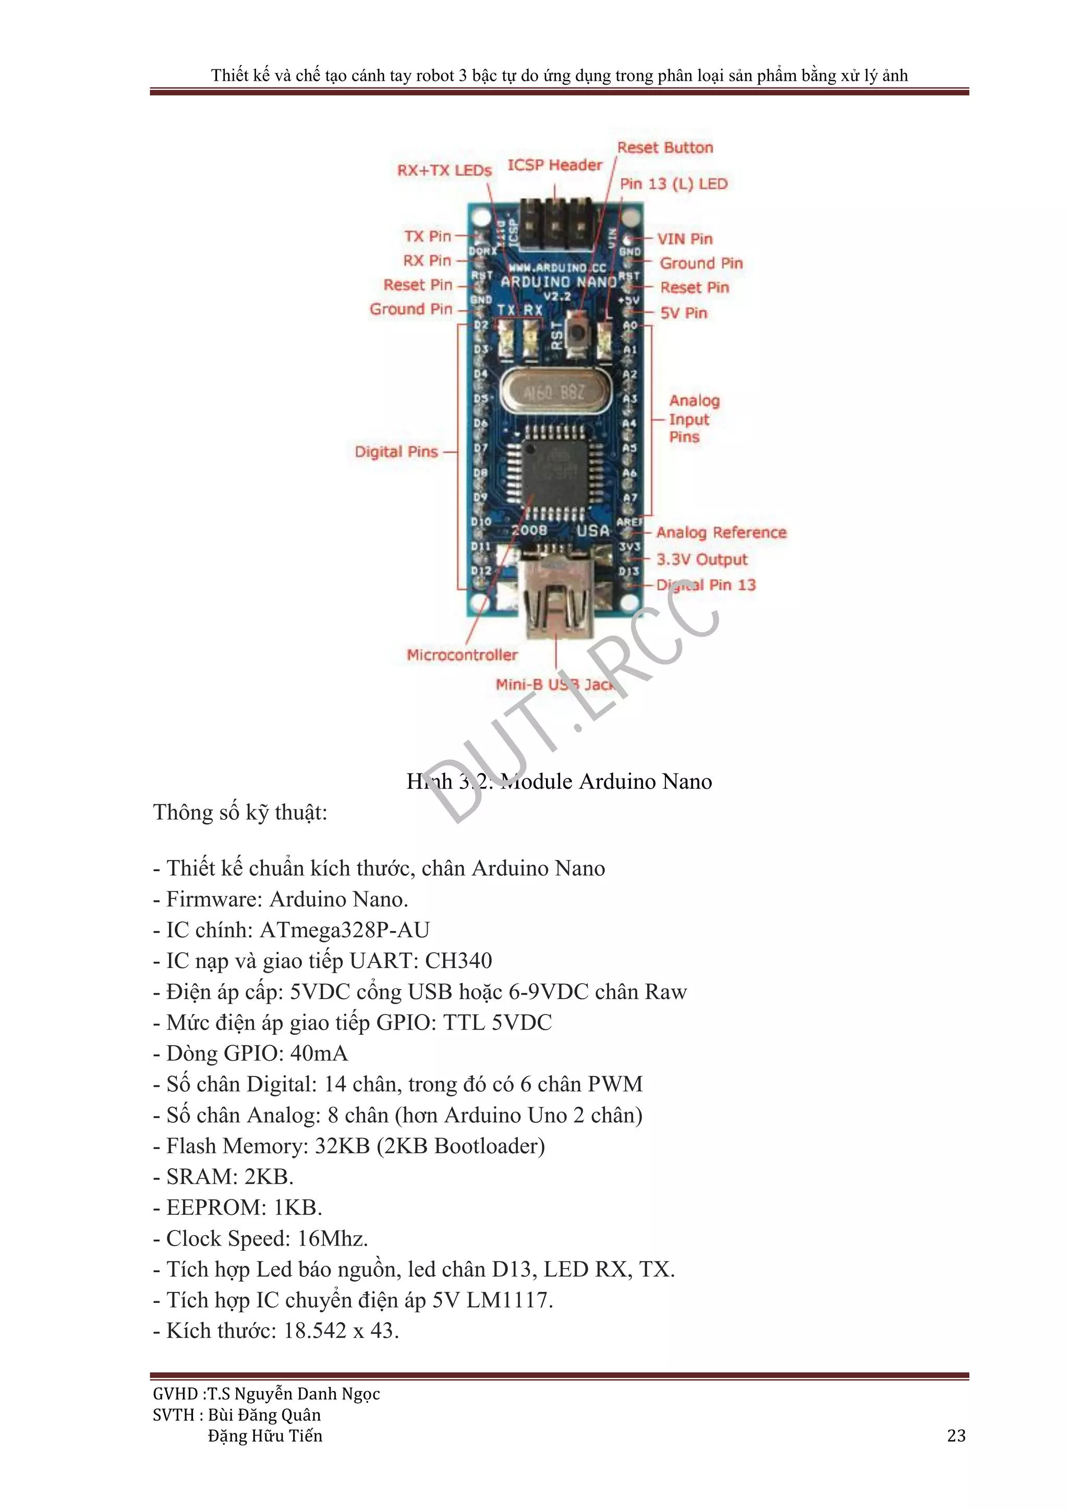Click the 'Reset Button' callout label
click(665, 147)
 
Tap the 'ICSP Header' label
click(554, 165)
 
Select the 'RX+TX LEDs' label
click(444, 171)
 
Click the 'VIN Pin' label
click(685, 239)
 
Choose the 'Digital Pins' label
click(396, 452)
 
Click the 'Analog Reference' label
click(721, 532)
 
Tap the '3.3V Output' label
click(702, 559)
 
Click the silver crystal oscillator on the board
click(552, 393)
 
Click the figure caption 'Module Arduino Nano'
click(605, 781)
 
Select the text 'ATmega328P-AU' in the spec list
click(345, 930)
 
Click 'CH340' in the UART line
click(458, 961)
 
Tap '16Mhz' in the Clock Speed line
click(332, 1238)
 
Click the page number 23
click(955, 1436)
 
